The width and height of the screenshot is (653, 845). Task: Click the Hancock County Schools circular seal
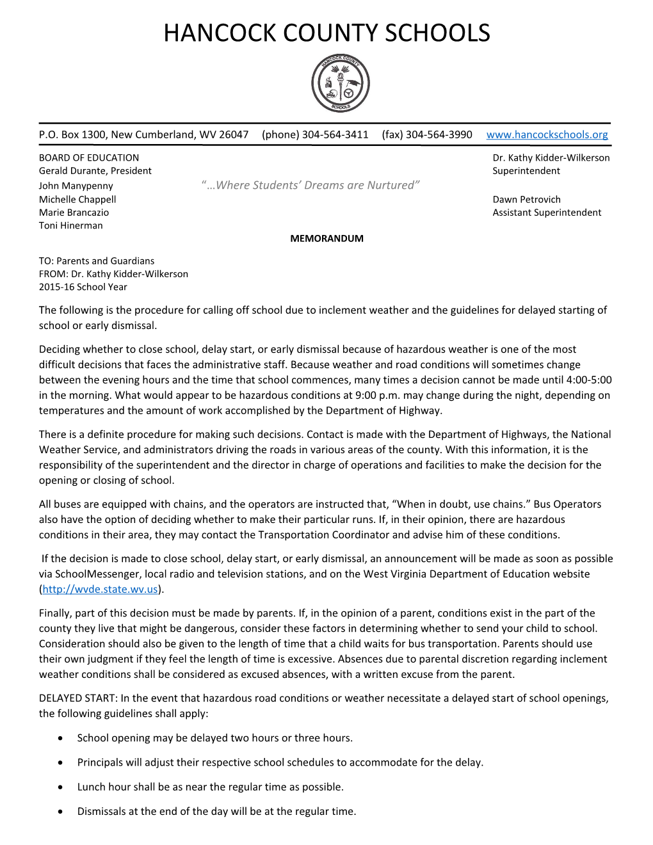[x=340, y=83]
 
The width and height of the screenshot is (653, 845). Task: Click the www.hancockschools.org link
[x=547, y=134]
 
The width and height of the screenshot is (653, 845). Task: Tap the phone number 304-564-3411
[x=335, y=134]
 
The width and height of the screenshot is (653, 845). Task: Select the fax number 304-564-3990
[x=439, y=134]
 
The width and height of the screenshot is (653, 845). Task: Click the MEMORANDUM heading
[x=326, y=238]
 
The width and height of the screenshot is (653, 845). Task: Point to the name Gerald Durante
[x=74, y=171]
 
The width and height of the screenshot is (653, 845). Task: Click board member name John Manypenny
[x=76, y=186]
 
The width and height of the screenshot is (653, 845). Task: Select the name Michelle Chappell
[x=77, y=199]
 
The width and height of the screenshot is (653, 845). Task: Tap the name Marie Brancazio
[x=74, y=213]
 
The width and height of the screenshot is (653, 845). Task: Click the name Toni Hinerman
[x=70, y=225]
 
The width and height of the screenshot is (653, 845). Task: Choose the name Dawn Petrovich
[x=526, y=199]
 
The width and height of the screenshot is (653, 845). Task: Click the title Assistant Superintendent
[x=547, y=213]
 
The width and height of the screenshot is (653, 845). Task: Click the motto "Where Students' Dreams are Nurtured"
[x=310, y=185]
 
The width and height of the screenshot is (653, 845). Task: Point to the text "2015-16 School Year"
[x=83, y=287]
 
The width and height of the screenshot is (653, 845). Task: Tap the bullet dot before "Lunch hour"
[x=60, y=787]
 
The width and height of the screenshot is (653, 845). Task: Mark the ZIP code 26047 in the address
[x=234, y=134]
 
